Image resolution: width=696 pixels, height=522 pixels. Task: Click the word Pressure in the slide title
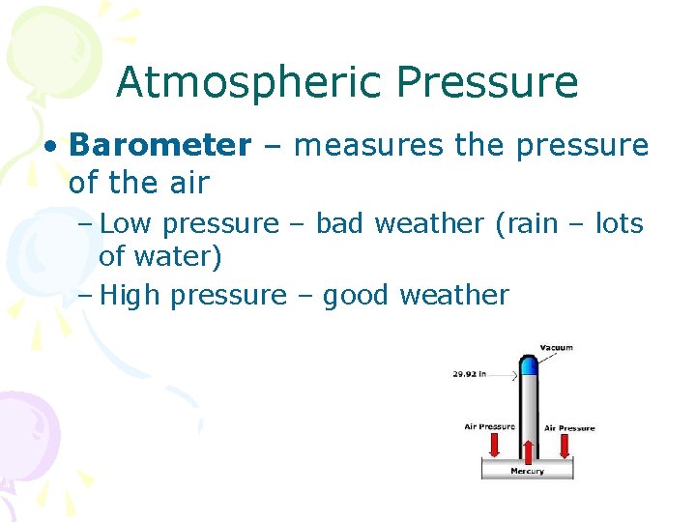(487, 84)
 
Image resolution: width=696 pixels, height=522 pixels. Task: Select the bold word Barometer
(159, 145)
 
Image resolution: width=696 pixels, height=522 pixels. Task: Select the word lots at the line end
(619, 223)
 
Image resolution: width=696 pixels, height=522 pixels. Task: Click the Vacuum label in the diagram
(557, 348)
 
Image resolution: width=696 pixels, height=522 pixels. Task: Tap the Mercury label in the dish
(527, 471)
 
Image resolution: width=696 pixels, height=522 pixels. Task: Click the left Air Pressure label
(489, 426)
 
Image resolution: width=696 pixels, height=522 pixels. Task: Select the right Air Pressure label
(569, 427)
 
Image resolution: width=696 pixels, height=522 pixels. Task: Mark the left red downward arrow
(494, 444)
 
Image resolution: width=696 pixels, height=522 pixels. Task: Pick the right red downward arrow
(565, 444)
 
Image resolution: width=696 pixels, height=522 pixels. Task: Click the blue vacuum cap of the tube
(528, 365)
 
